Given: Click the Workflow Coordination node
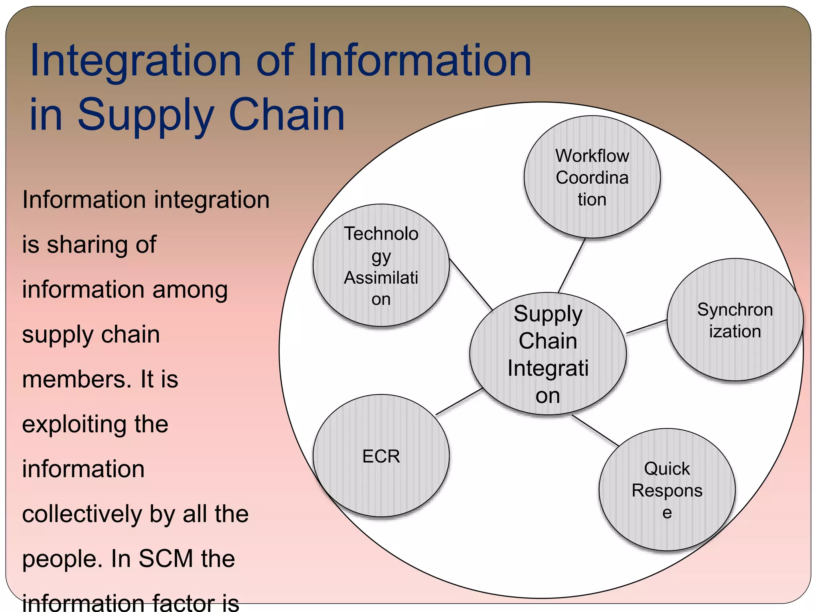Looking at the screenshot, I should [592, 177].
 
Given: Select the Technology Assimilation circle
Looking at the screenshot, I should [381, 265].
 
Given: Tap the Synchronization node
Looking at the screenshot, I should [735, 320].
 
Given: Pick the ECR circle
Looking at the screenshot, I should [381, 456].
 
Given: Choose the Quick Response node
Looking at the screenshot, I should [667, 490].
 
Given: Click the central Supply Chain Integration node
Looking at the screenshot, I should [548, 354].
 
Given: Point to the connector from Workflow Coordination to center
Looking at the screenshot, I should [572, 265].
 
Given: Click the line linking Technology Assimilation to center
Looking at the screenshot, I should [471, 284].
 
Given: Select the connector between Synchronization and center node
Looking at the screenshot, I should [647, 326].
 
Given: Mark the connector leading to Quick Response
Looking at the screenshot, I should [595, 430].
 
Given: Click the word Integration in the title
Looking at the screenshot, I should [136, 62].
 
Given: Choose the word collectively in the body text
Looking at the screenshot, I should [82, 514].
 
